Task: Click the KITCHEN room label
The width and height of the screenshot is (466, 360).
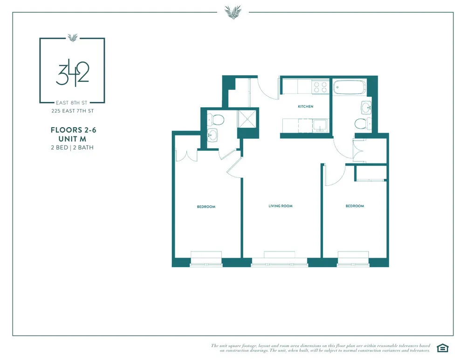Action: point(306,107)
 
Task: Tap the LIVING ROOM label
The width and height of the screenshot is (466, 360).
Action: point(281,206)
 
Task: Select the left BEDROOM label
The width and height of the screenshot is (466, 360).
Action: point(206,206)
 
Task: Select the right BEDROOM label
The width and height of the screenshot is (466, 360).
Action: point(355,206)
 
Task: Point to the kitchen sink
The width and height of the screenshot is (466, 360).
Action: point(320,125)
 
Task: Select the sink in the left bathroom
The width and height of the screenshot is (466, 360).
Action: point(212,136)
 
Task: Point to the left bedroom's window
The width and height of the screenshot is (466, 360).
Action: point(206,255)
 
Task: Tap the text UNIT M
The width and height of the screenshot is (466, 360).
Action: point(72,139)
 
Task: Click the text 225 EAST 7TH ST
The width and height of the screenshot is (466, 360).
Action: point(72,111)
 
